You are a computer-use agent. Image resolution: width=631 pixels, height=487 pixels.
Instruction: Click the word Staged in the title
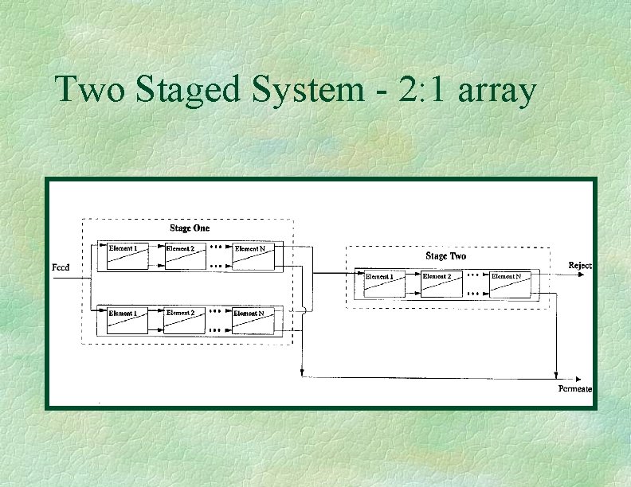point(188,92)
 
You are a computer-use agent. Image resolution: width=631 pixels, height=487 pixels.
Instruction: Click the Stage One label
point(190,228)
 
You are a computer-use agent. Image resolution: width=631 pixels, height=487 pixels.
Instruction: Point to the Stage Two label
point(445,256)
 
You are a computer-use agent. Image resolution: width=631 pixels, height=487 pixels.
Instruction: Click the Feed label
point(61,267)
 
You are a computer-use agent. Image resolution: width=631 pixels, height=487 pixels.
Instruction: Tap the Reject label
point(579,265)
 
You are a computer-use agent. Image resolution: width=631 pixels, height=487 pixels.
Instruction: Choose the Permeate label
point(574,388)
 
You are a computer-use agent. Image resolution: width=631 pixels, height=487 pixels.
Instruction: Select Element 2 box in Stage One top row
point(184,255)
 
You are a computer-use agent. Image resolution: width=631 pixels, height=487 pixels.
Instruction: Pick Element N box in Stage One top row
point(253,255)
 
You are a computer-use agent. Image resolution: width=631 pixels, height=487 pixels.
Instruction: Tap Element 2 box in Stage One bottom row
point(184,321)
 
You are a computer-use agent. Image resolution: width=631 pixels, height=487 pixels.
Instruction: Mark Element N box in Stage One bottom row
point(253,321)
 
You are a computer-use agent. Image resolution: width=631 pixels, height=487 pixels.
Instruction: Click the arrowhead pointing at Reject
point(588,275)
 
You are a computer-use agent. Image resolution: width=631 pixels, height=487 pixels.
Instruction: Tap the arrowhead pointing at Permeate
point(588,377)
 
